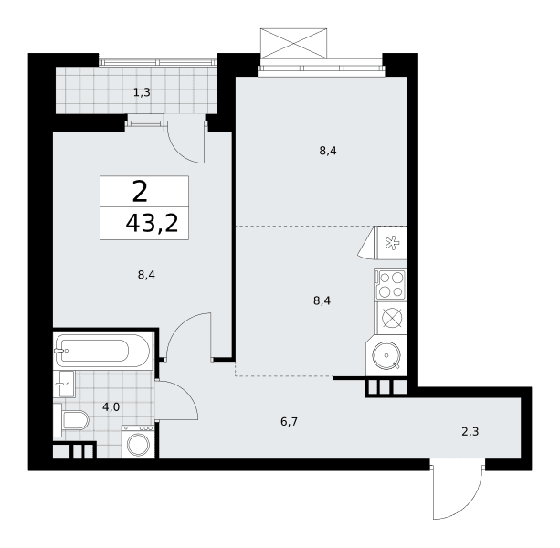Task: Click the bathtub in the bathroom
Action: click(x=103, y=351)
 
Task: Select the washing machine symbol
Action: click(x=138, y=442)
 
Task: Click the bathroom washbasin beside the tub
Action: click(x=64, y=384)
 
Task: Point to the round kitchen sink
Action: click(x=386, y=355)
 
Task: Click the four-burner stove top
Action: click(x=390, y=285)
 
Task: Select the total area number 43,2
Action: click(x=152, y=224)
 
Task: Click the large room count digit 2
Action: click(x=140, y=192)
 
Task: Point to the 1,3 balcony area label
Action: click(x=142, y=93)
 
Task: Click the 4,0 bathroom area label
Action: click(x=111, y=407)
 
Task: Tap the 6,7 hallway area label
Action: click(x=289, y=422)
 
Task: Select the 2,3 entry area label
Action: click(x=470, y=432)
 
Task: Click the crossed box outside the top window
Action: click(x=293, y=43)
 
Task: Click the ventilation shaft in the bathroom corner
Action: click(x=74, y=450)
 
